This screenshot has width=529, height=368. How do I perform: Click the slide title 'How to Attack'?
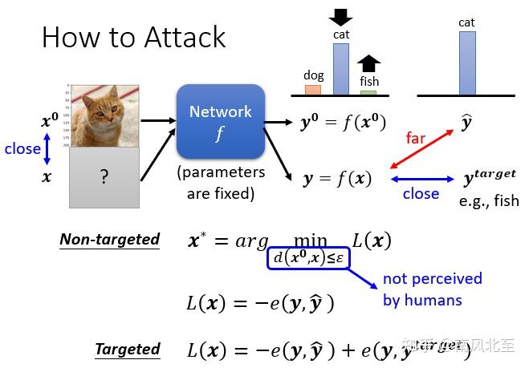(x=133, y=37)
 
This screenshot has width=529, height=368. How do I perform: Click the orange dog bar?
(x=313, y=89)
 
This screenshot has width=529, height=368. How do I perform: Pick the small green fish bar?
(x=368, y=92)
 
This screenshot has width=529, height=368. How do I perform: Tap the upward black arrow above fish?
(x=368, y=63)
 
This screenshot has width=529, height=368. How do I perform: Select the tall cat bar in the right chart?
(x=467, y=63)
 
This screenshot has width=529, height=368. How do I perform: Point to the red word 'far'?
(x=415, y=137)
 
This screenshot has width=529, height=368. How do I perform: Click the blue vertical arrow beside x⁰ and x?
(x=47, y=149)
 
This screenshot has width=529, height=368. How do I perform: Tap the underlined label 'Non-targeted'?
(x=109, y=239)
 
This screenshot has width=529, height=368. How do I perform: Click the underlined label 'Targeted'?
(x=127, y=349)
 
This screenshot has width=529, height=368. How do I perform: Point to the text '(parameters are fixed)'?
(x=220, y=182)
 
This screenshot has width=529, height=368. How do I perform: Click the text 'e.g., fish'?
(x=489, y=200)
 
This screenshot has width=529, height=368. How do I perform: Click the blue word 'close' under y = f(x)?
(x=421, y=193)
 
